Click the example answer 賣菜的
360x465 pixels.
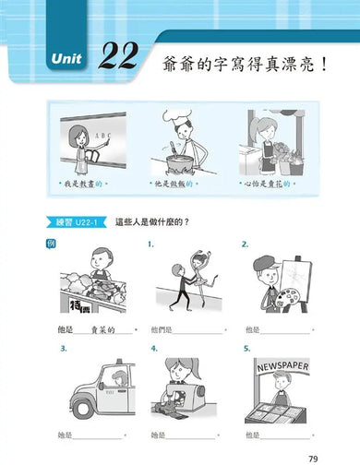click(x=100, y=329)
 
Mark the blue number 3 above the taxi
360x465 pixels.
click(x=63, y=349)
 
